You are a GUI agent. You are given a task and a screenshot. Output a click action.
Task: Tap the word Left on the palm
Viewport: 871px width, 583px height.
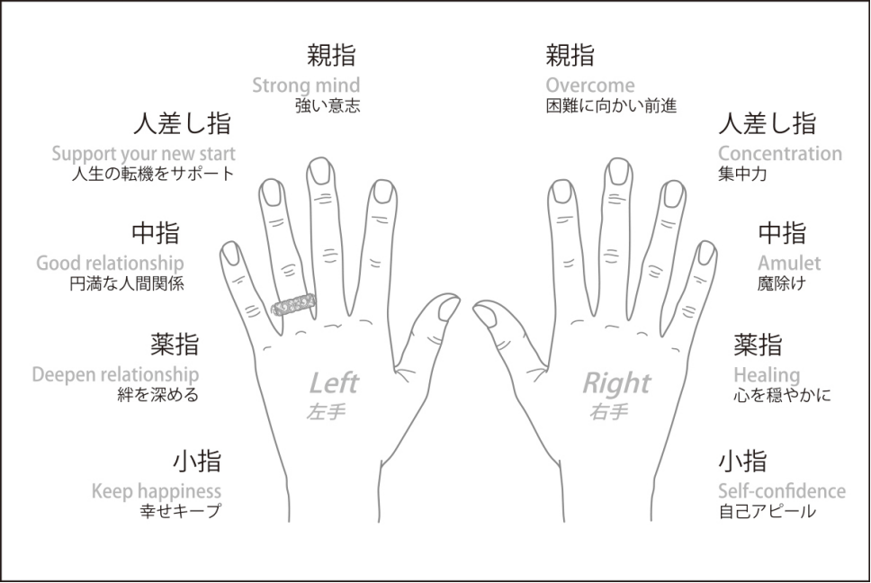(334, 383)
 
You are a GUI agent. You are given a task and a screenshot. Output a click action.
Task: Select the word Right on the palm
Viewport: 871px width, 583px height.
(616, 383)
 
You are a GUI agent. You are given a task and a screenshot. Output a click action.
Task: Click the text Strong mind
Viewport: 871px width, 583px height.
(306, 85)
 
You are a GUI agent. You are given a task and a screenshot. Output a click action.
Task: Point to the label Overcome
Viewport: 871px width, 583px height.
(590, 85)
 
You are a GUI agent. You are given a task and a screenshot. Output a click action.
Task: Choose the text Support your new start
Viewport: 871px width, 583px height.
(144, 153)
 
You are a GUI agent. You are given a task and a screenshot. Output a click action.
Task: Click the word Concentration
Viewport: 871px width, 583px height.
(780, 153)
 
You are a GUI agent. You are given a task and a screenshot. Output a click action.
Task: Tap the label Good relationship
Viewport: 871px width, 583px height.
(110, 264)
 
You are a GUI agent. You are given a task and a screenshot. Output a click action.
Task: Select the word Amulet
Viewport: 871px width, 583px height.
(789, 264)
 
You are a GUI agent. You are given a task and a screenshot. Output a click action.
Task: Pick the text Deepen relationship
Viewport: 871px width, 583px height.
(115, 374)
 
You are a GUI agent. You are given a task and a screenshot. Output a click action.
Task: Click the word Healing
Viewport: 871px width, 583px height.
(767, 374)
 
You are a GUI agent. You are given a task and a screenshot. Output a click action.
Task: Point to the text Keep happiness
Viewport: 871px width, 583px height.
(157, 491)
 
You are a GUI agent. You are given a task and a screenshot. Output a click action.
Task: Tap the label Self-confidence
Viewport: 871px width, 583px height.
(782, 491)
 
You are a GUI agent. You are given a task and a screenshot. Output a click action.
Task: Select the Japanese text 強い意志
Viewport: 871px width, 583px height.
(328, 105)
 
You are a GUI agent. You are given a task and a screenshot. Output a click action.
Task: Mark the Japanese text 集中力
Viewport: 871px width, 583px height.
(742, 174)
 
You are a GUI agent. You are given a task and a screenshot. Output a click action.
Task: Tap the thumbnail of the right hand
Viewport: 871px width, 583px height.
(485, 314)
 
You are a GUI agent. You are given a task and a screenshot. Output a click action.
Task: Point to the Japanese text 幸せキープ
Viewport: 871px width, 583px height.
(180, 511)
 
